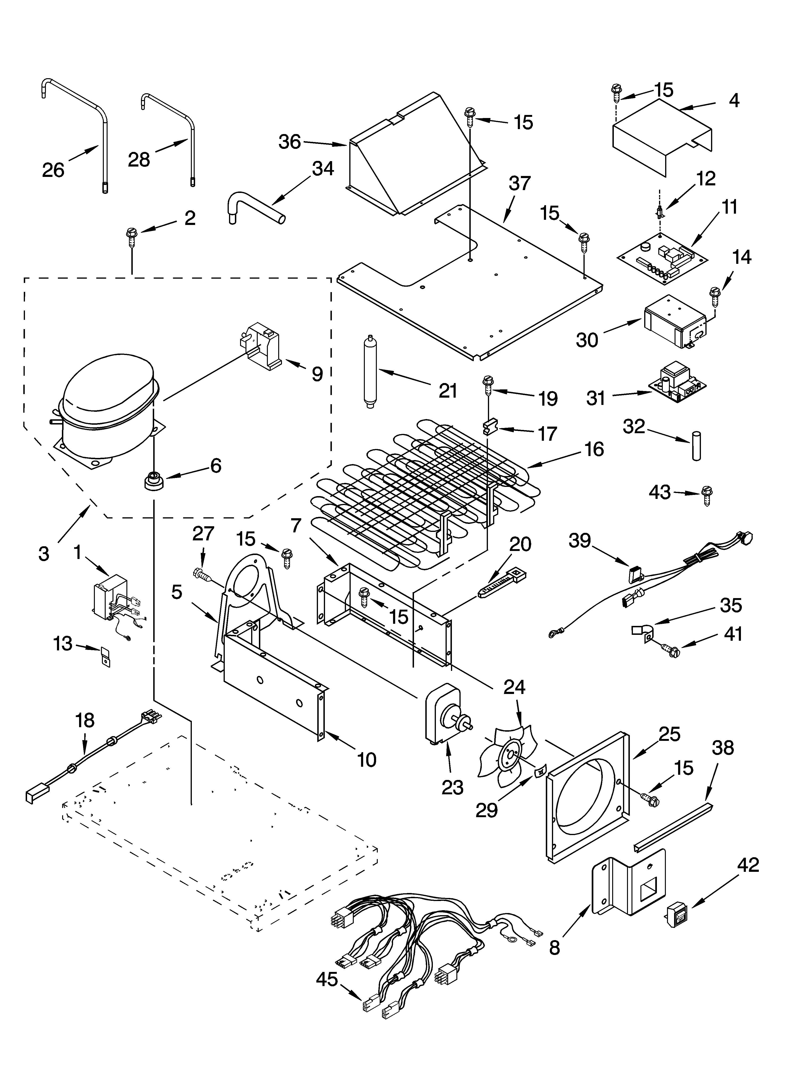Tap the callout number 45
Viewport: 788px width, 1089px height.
click(327, 979)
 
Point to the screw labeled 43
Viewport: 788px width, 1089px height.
click(707, 494)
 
